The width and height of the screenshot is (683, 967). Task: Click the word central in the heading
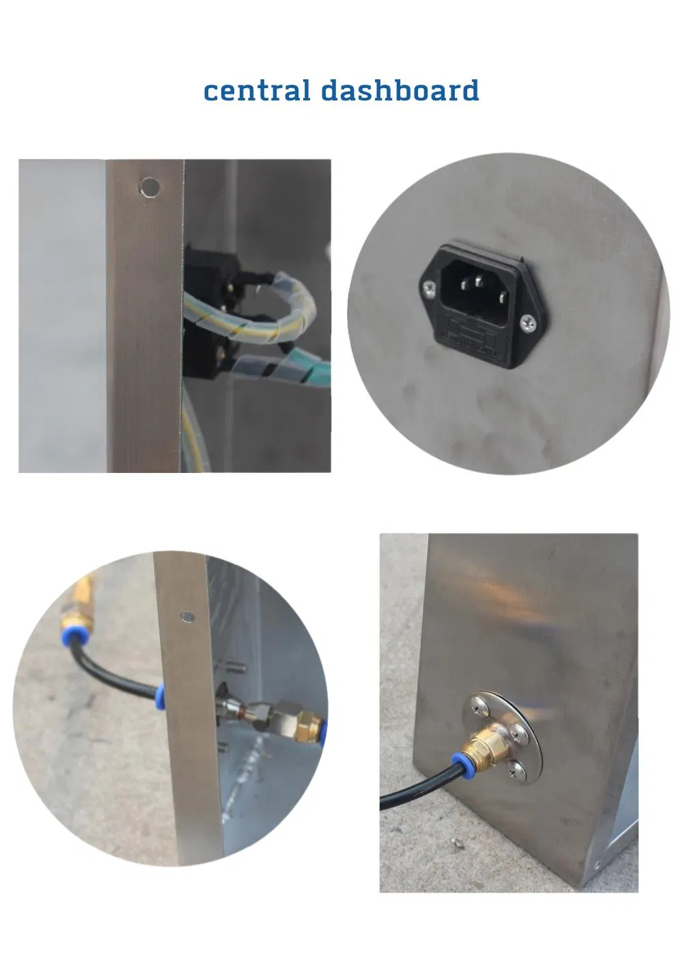(x=257, y=90)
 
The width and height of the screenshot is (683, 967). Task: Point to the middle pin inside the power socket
(x=479, y=282)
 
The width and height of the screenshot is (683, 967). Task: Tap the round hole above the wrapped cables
(x=150, y=187)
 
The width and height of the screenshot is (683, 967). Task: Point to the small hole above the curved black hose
(x=187, y=617)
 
